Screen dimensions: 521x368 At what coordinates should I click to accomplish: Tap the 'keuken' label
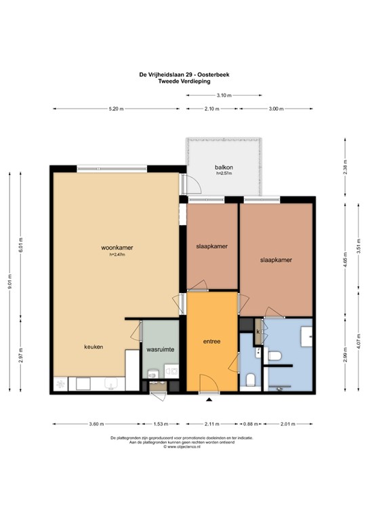94,347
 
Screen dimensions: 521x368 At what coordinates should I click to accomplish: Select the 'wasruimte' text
160,349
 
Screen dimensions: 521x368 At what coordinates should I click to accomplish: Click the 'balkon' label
224,167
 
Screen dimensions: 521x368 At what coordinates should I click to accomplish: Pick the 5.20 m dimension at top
116,109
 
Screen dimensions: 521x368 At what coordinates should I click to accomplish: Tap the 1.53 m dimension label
160,424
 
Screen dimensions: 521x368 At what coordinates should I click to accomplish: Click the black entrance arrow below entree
209,400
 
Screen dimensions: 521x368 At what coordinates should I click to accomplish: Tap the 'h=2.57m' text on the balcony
224,174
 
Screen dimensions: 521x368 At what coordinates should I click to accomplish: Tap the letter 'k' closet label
258,331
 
